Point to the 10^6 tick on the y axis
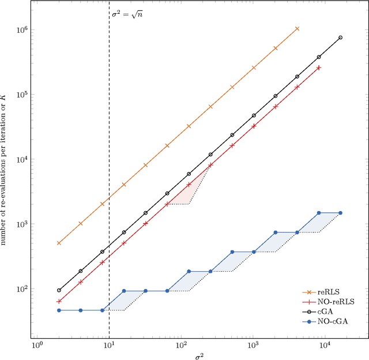(x=22, y=29)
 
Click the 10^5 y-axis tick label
(x=22, y=94)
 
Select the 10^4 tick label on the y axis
(x=22, y=159)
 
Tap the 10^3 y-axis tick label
(x=22, y=224)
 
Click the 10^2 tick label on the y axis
(x=22, y=288)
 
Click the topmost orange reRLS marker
(x=297, y=28)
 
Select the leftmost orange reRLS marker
(x=59, y=243)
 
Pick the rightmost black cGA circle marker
(x=340, y=37)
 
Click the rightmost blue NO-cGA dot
(x=340, y=213)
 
